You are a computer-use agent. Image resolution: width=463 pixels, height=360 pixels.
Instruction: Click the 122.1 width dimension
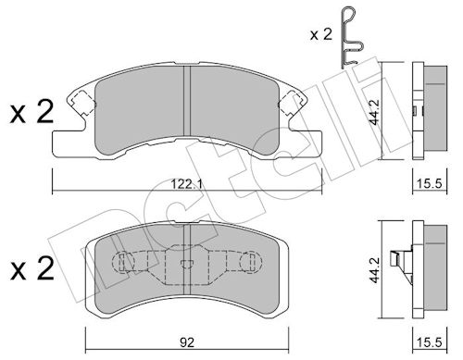(x=187, y=184)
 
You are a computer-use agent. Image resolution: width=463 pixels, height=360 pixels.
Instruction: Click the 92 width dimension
(x=187, y=342)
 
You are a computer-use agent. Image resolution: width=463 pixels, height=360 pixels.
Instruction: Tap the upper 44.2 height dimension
(x=374, y=112)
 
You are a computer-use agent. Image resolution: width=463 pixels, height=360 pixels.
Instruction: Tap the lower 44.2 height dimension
(x=374, y=270)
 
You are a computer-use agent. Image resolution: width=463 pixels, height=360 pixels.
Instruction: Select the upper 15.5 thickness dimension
(x=430, y=184)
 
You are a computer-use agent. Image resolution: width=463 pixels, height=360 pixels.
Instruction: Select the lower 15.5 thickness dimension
(x=430, y=342)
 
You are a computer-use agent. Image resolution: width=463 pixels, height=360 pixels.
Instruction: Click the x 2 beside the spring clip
(x=321, y=34)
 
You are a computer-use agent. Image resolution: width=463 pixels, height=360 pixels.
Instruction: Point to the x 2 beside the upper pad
(x=31, y=112)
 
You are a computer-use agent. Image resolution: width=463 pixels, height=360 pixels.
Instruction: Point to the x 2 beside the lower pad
(x=31, y=268)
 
